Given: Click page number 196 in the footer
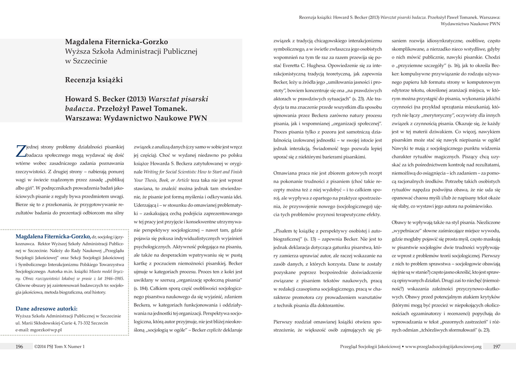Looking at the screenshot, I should point(20,346).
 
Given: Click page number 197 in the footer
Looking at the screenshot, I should point(496,346).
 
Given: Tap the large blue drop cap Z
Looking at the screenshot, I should point(21,150).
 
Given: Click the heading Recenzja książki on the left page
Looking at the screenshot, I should point(94,80).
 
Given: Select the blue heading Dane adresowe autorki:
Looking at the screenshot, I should point(46,308).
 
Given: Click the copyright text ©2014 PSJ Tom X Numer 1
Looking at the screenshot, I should point(59,346).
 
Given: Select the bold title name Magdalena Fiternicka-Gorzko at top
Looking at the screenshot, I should point(116,42).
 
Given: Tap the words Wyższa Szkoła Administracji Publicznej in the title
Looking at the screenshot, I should point(131,51).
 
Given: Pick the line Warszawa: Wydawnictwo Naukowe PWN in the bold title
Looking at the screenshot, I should point(136,118).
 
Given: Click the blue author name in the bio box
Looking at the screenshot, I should point(53,236).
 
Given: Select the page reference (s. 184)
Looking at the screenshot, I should point(141,287).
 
